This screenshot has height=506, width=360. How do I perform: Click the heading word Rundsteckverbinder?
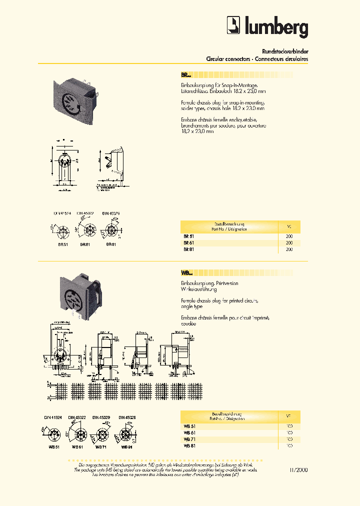point(284,51)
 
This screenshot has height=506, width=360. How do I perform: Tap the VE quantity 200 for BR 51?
point(289,235)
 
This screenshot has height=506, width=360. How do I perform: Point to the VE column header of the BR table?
point(289,226)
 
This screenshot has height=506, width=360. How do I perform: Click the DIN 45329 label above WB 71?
point(101,417)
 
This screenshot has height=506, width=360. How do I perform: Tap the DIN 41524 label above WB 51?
point(50,417)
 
